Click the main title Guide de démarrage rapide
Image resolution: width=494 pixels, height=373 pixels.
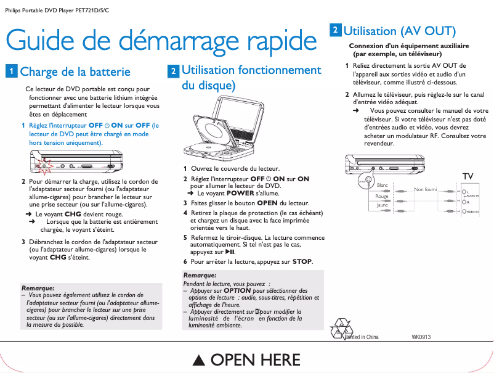coord(161,41)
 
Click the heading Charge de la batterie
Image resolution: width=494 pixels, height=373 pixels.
coord(75,72)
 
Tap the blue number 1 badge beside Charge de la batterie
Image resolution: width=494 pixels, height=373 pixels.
coord(11,71)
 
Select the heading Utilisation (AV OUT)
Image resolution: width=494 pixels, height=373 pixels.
coord(399,31)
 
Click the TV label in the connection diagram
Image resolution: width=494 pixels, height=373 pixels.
coord(468,177)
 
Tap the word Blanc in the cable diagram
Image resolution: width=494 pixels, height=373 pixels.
coord(382,185)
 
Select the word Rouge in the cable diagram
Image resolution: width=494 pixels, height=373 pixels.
coord(382,196)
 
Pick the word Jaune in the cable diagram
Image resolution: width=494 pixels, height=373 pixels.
coord(382,205)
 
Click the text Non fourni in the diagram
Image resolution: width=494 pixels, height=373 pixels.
coord(426,189)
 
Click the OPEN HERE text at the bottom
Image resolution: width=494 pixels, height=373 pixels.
coord(246,360)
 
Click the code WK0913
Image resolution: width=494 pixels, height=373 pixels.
coord(421,337)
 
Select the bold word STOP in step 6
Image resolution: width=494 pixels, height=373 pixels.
coord(302,261)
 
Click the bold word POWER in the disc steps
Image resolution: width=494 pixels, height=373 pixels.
coord(232,193)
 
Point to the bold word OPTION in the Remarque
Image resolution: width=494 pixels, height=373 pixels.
coord(237,290)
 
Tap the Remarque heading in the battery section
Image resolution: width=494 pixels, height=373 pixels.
coord(38,287)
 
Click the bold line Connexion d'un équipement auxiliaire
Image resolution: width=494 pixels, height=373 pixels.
coord(409,46)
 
